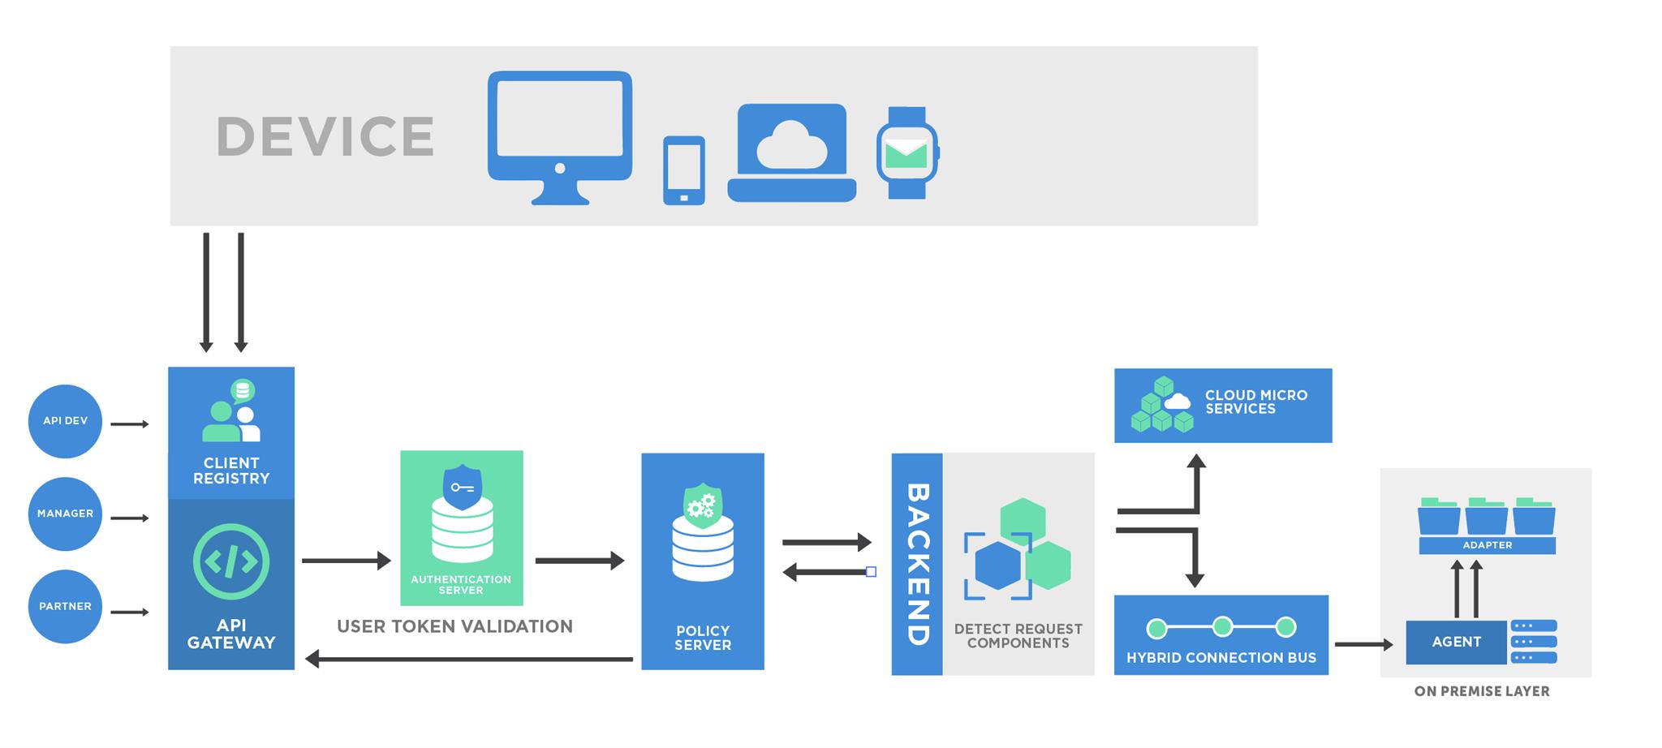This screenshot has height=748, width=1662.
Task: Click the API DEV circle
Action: [x=65, y=421]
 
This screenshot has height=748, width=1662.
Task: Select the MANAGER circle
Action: [x=65, y=514]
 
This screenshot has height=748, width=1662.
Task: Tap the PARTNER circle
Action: [x=65, y=606]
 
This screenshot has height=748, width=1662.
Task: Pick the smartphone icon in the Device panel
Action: [x=683, y=170]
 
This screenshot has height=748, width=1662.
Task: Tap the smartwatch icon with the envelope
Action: [x=906, y=153]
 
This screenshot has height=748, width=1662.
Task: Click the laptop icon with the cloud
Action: [x=791, y=153]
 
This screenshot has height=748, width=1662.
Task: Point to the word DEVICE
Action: [x=325, y=136]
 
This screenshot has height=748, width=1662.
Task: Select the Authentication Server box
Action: [x=461, y=527]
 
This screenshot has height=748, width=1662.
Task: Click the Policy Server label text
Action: [x=703, y=638]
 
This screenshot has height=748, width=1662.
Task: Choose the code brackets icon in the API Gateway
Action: [x=231, y=561]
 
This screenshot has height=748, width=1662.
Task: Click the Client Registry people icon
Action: [x=231, y=412]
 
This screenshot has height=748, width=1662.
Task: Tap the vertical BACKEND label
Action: [x=917, y=564]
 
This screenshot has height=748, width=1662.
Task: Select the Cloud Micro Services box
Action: [x=1222, y=405]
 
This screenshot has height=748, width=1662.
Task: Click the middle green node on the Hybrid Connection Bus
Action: [x=1222, y=626]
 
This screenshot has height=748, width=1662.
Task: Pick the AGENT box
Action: [x=1456, y=642]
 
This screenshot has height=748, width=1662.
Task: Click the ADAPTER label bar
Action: [x=1487, y=545]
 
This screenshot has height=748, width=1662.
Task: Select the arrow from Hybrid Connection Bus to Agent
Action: [x=1363, y=645]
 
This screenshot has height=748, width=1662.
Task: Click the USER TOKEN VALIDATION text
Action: [x=454, y=626]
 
